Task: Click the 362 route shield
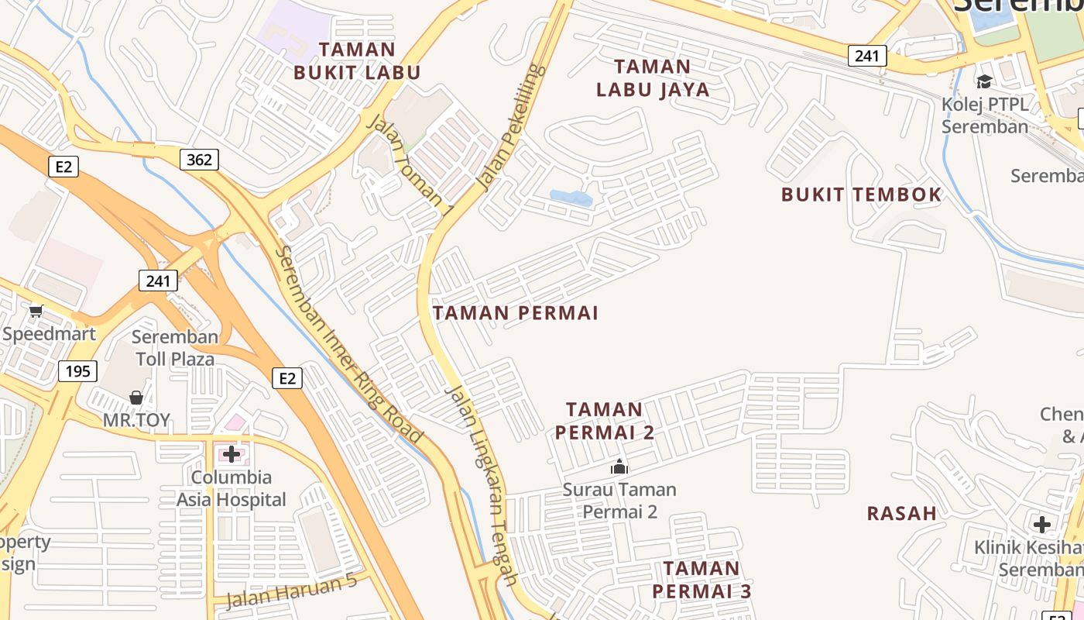[x=200, y=160]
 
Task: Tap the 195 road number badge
[x=77, y=371]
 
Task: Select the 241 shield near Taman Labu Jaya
[x=867, y=56]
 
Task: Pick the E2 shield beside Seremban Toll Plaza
[x=287, y=378]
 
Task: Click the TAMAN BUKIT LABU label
[x=357, y=61]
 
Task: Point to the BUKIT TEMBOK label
[x=861, y=195]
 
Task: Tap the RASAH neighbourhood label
[x=902, y=513]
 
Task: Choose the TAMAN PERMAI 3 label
[x=702, y=580]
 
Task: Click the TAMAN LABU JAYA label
[x=653, y=77]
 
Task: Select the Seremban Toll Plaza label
[x=175, y=348]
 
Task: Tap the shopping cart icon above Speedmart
[x=36, y=312]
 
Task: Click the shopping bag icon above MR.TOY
[x=136, y=398]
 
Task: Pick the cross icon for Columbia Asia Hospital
[x=231, y=453]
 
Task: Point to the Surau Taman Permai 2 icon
[x=619, y=467]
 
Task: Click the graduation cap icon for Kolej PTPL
[x=984, y=81]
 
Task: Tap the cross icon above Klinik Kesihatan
[x=1042, y=525]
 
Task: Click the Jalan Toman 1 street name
[x=409, y=164]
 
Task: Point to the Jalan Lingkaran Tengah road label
[x=482, y=484]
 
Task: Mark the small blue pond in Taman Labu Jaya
[x=571, y=198]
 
